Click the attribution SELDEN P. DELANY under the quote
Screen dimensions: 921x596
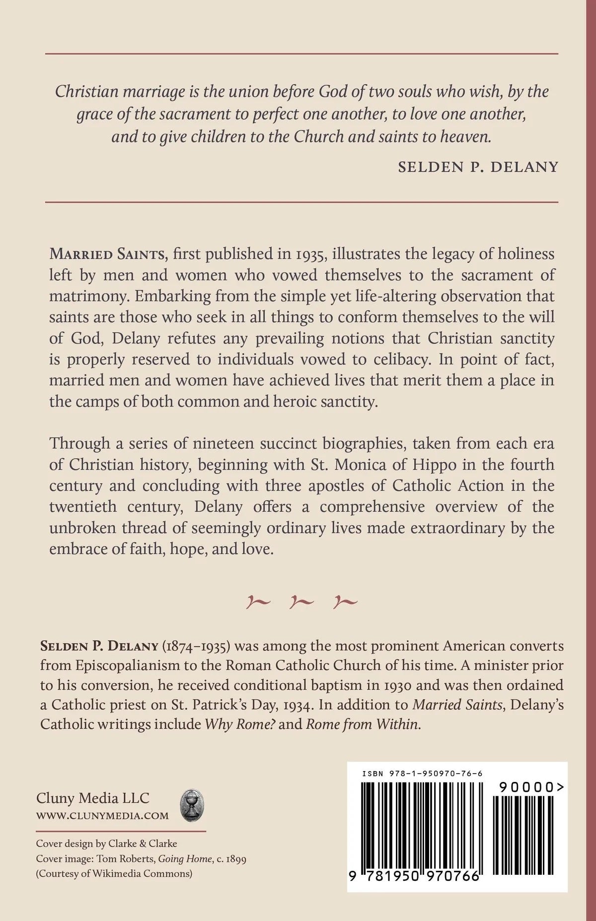point(478,166)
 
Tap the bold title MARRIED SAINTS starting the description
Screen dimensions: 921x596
point(107,254)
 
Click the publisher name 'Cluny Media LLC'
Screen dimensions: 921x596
point(93,798)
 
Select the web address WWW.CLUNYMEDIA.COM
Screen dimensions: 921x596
point(102,816)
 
